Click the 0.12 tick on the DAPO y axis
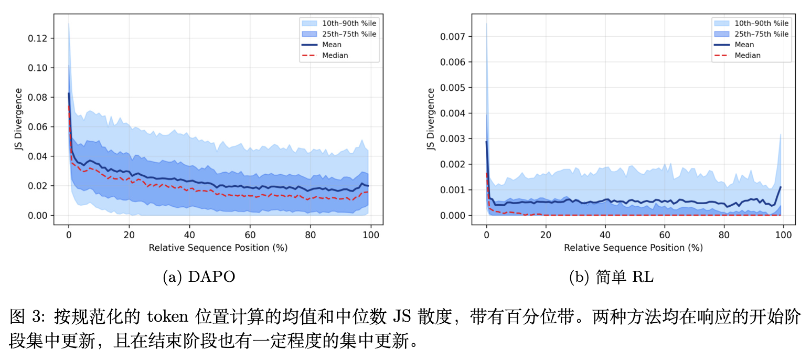(x=39, y=38)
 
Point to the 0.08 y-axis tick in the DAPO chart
(x=39, y=97)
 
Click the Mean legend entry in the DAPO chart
(x=332, y=45)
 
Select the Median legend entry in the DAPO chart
(x=335, y=55)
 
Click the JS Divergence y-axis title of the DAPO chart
(x=18, y=120)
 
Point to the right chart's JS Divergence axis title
(x=431, y=120)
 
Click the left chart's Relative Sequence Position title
(x=218, y=247)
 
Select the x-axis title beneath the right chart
(x=633, y=247)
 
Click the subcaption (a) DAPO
(x=199, y=278)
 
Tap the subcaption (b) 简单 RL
(x=611, y=278)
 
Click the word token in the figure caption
(x=167, y=317)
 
